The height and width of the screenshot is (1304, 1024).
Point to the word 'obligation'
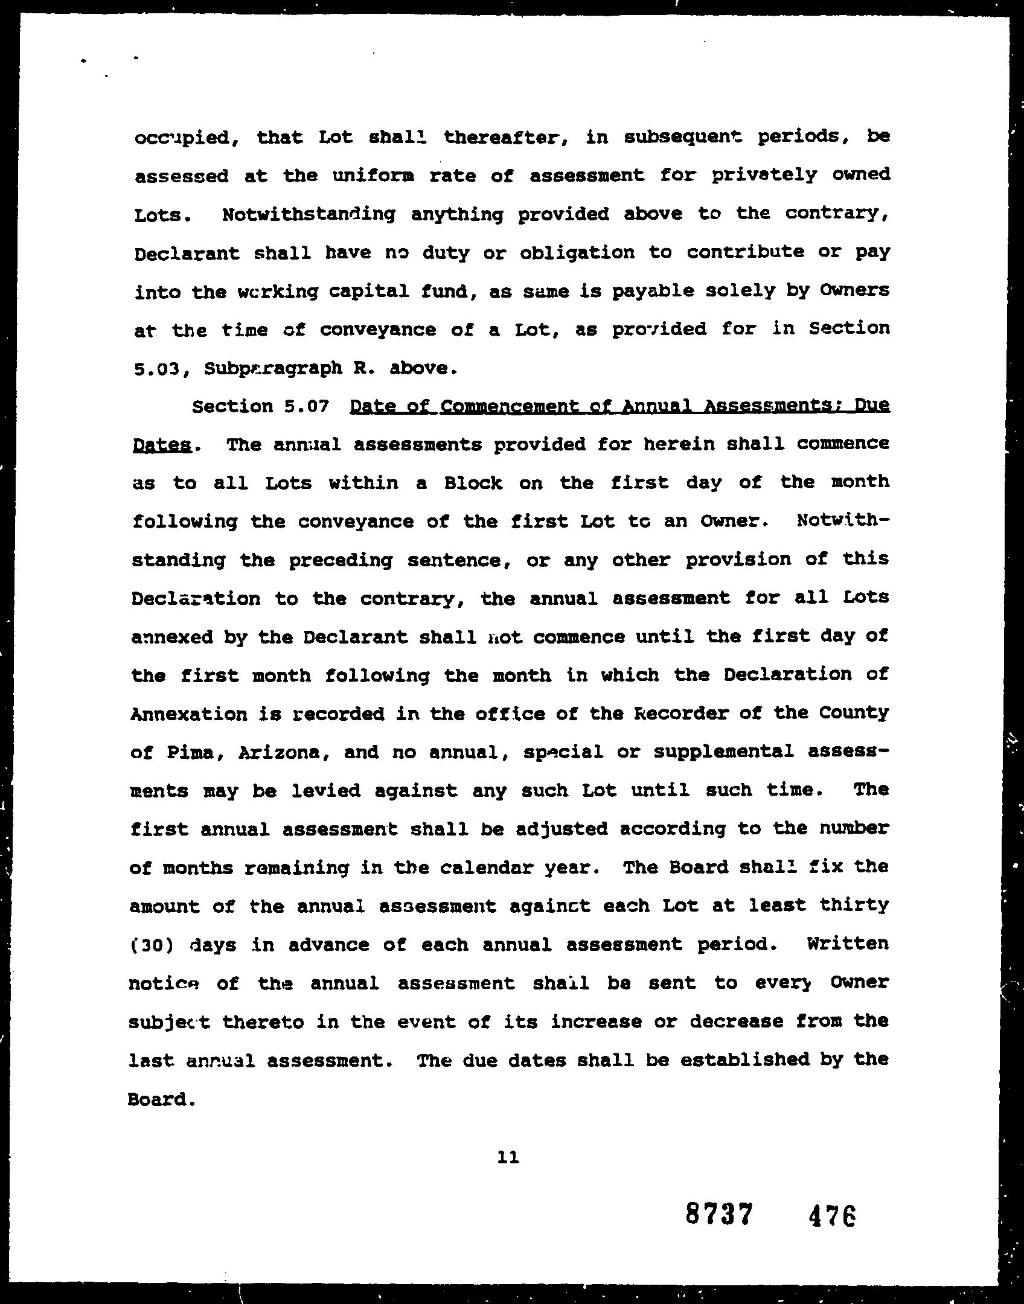[x=577, y=253]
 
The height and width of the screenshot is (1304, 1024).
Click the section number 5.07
[x=306, y=406]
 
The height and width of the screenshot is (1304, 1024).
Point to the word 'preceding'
[x=340, y=561]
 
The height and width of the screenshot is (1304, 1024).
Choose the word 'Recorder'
[x=677, y=714]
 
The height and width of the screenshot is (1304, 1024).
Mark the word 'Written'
[x=847, y=944]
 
